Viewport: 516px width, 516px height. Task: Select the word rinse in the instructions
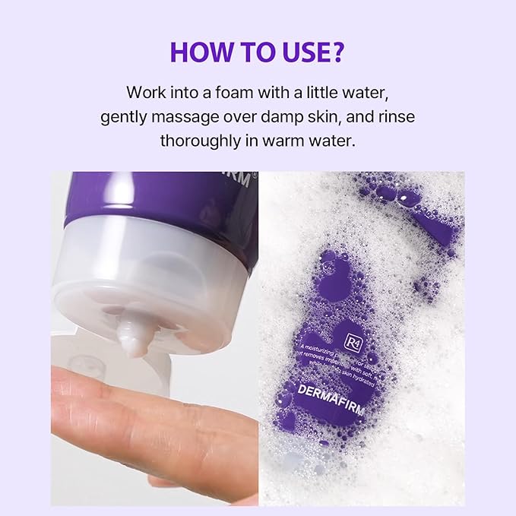(396, 117)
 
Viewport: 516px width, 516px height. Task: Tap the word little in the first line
(324, 93)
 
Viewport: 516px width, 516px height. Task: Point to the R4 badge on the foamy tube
(353, 339)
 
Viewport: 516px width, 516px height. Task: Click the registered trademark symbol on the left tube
(256, 174)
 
